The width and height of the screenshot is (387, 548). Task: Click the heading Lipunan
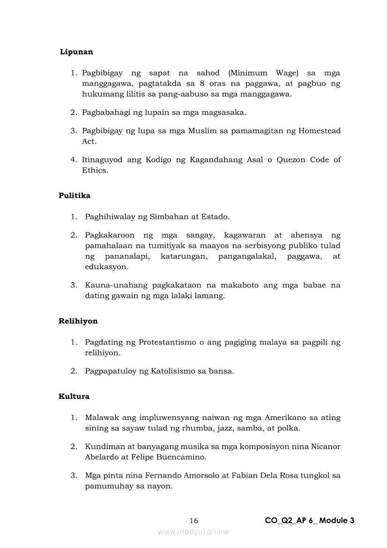(76, 52)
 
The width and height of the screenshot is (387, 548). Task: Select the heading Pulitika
(74, 195)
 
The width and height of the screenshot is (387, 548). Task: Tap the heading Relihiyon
(78, 321)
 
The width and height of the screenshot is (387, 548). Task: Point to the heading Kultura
(74, 396)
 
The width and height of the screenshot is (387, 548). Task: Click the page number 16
(194, 520)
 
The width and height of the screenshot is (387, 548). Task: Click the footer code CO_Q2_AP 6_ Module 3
(310, 520)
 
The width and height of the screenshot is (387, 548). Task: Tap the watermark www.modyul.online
(193, 532)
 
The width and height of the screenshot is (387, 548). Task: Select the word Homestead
(320, 131)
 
